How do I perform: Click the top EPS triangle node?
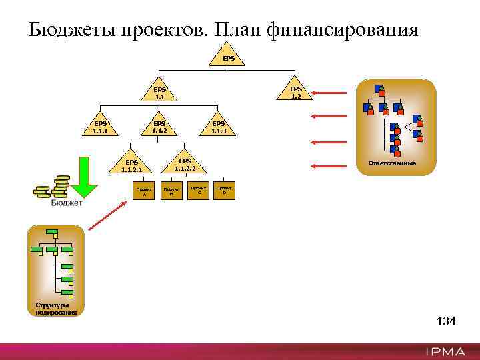point(229,57)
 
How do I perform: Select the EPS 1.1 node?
point(159,94)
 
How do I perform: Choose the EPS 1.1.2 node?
point(159,127)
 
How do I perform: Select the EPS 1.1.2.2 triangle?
point(185,165)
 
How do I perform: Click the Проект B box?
point(171,191)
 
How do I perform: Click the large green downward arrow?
point(84,177)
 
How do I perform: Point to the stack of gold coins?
point(53,187)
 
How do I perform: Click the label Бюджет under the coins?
point(67,203)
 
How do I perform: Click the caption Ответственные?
point(397,163)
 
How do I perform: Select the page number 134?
point(445,322)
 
